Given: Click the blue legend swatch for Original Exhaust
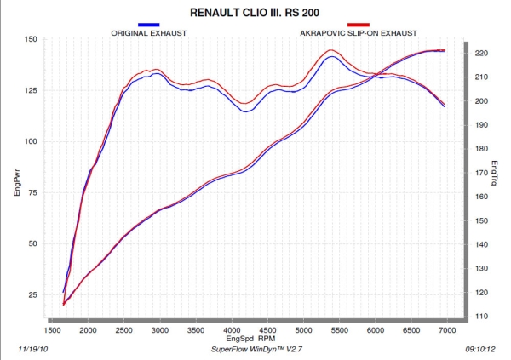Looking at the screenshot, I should tap(148, 25).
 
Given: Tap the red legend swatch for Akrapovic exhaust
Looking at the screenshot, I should tap(358, 25).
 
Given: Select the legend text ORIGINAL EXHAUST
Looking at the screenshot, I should tap(149, 33).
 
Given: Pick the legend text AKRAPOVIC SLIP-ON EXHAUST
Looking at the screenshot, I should tap(359, 33).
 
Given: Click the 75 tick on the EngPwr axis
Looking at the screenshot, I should tap(31, 192).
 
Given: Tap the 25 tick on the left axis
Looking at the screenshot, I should tap(31, 294).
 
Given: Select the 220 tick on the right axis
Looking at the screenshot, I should tap(481, 53).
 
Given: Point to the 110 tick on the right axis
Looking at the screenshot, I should tap(481, 317).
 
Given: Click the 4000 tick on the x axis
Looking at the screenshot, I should tap(233, 329).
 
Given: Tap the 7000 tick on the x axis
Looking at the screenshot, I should tap(448, 329).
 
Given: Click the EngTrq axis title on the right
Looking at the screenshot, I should tap(495, 174).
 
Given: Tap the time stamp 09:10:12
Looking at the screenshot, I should tap(479, 349).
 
